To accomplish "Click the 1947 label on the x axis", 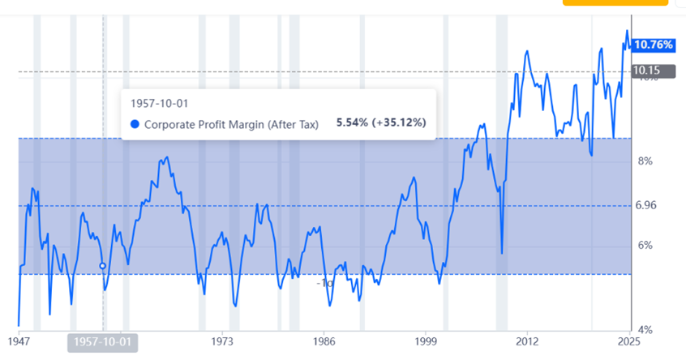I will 19,342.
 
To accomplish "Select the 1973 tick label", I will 223,342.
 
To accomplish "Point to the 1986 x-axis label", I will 324,342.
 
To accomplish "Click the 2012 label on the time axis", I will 528,342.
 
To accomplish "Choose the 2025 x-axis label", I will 628,342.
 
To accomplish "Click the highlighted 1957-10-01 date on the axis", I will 102,342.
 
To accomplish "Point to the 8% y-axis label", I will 645,161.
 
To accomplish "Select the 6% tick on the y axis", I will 645,246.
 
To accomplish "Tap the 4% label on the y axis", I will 645,330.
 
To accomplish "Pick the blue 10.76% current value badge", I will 654,45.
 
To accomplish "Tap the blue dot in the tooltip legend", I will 135,124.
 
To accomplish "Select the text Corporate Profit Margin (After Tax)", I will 231,124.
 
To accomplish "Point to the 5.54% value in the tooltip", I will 352,124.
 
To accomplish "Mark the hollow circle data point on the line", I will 103,265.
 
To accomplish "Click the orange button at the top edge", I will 603,2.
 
